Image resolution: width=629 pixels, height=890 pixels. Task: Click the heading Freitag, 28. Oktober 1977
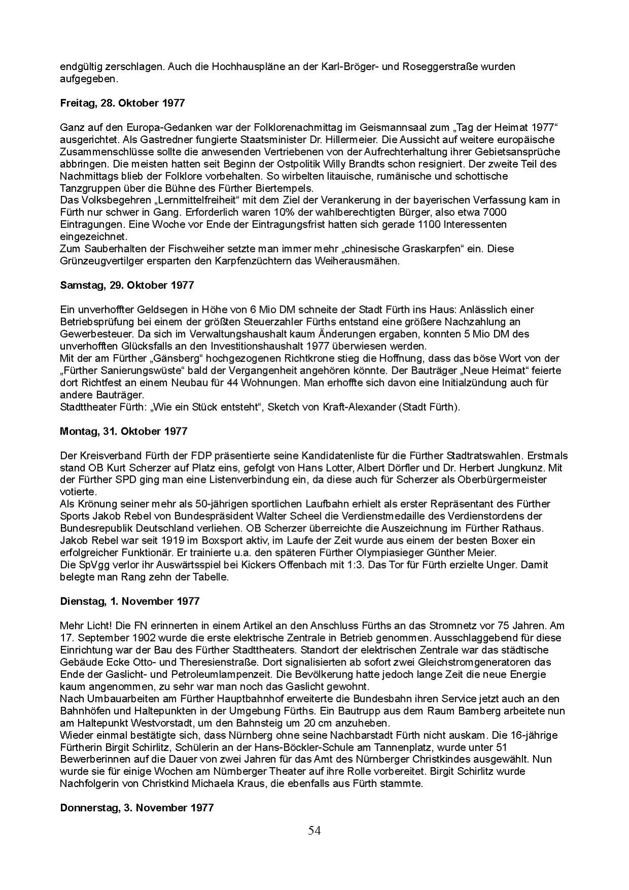[x=122, y=103]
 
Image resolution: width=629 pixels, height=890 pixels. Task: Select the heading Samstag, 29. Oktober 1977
[x=127, y=285]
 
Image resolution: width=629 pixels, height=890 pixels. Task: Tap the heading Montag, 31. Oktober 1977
[x=123, y=432]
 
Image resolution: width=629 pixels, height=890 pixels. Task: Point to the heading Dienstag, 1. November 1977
[x=129, y=602]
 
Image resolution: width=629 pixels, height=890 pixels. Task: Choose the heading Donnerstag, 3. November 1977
[x=137, y=808]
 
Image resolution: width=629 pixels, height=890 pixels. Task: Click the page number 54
[x=314, y=831]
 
